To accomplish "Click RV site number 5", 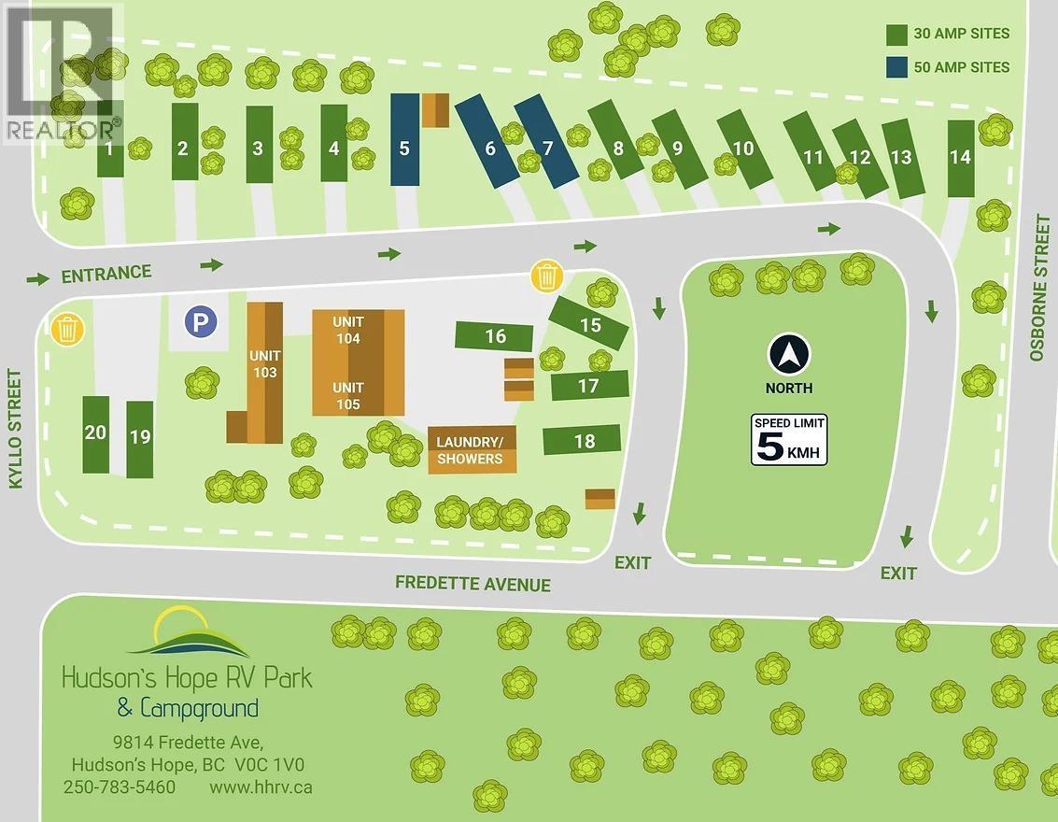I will pyautogui.click(x=404, y=140).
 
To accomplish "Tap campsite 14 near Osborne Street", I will pyautogui.click(x=960, y=158).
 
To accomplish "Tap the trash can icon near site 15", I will pyautogui.click(x=546, y=276).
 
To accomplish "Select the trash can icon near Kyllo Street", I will pyautogui.click(x=67, y=329).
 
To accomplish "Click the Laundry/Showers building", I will pyautogui.click(x=471, y=451).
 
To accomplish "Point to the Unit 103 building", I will pyautogui.click(x=264, y=364).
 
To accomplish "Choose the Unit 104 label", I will pyautogui.click(x=348, y=330).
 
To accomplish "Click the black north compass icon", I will pyautogui.click(x=789, y=355).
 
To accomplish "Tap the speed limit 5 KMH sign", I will pyautogui.click(x=789, y=440).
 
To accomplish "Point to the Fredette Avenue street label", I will pyautogui.click(x=473, y=584).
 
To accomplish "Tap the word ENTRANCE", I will pyautogui.click(x=106, y=274).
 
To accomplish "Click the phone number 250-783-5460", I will pyautogui.click(x=120, y=787).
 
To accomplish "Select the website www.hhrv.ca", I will pyautogui.click(x=261, y=787).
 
